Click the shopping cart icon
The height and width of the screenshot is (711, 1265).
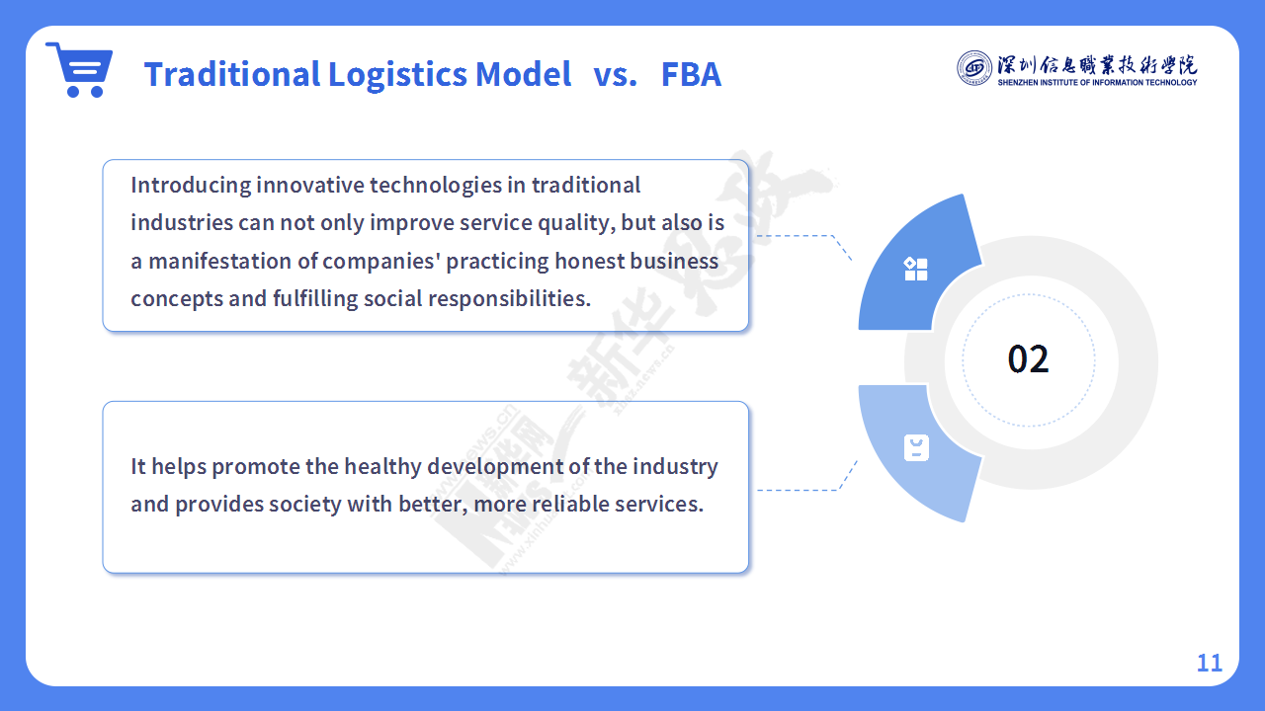point(79,69)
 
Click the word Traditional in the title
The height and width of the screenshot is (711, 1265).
point(232,74)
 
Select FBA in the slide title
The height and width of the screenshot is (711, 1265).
point(691,74)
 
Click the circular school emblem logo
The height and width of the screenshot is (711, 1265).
point(974,68)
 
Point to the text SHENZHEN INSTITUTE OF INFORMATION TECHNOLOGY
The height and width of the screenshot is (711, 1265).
point(1097,82)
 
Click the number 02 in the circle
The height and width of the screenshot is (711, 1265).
point(1029,359)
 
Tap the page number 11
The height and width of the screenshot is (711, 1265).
point(1210,663)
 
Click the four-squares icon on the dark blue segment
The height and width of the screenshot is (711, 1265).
point(915,269)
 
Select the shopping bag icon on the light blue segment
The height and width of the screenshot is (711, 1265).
point(916,448)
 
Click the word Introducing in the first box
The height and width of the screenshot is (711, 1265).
point(191,186)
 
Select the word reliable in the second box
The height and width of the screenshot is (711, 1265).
point(570,504)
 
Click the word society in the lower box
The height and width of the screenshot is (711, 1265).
point(304,505)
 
